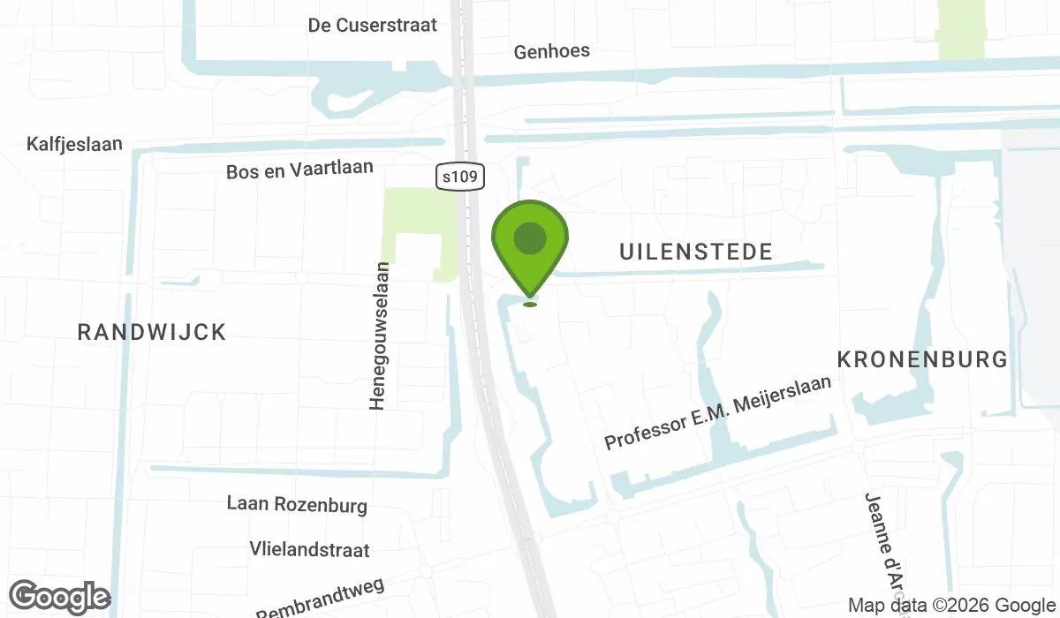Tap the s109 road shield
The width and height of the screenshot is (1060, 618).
(x=461, y=177)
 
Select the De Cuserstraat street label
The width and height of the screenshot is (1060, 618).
(x=373, y=25)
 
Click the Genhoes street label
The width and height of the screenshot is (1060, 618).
(x=552, y=51)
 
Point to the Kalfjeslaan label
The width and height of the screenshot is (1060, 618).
(x=74, y=144)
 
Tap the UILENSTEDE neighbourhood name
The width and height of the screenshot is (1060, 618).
(x=696, y=252)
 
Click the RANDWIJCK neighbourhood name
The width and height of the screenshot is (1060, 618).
(x=152, y=332)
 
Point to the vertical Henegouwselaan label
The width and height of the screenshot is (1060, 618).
(x=378, y=335)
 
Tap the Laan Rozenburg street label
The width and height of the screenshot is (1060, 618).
(x=297, y=505)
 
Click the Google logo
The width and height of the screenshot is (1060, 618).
(x=60, y=597)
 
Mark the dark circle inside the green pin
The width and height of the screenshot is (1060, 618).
(x=529, y=237)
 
